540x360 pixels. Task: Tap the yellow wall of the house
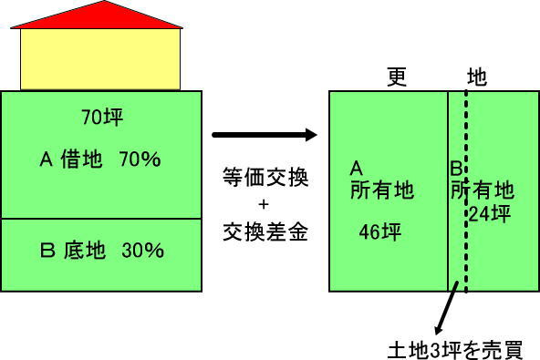pos(99,59)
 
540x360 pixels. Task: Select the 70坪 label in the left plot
pos(102,118)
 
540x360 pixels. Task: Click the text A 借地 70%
pos(100,159)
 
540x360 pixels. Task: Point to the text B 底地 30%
pos(102,250)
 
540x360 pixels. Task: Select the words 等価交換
pos(264,177)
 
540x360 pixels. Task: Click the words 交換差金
pos(264,233)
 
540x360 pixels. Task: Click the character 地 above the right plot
pos(475,77)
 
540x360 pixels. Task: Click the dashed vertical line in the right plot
pos(466,255)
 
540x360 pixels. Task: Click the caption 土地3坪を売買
pos(455,349)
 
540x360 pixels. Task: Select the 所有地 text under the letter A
pos(381,190)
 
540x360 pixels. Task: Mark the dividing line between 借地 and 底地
pos(102,219)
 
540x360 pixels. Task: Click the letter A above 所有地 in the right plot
pos(357,168)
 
